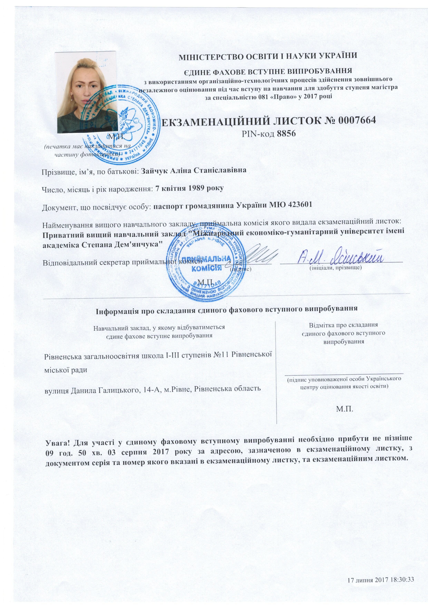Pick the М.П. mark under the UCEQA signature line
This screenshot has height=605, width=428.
click(x=344, y=409)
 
